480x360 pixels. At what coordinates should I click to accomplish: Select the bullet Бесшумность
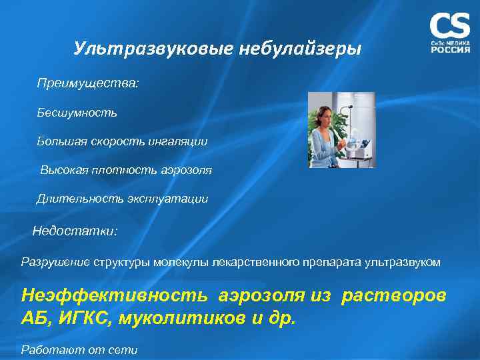77,112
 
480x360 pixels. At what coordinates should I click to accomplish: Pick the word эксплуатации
175,199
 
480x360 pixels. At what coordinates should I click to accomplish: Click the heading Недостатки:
75,231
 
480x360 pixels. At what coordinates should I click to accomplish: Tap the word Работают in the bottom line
48,349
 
